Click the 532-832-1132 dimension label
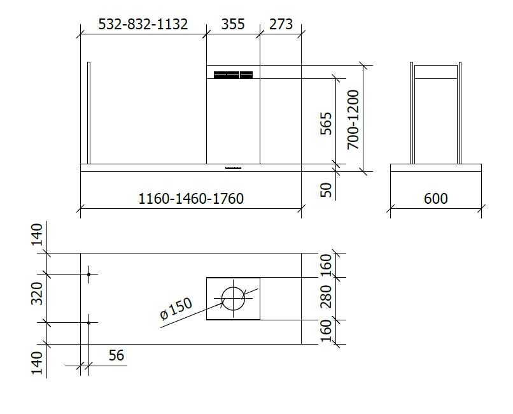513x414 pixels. pos(143,24)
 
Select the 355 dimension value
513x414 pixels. pos(233,24)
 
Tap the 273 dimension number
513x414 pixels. pos(281,24)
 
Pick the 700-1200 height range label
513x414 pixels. pos(353,119)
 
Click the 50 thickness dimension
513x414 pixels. pos(326,190)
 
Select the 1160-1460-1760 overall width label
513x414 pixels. pos(191,199)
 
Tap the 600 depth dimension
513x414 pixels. pos(435,199)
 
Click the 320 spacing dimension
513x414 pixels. pos(38,293)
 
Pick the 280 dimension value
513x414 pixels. pos(326,297)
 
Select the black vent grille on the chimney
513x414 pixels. pos(233,75)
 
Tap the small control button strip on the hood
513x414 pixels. pos(233,168)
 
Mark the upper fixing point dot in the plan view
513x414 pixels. pos(88,275)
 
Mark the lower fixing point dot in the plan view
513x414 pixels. pos(88,323)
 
